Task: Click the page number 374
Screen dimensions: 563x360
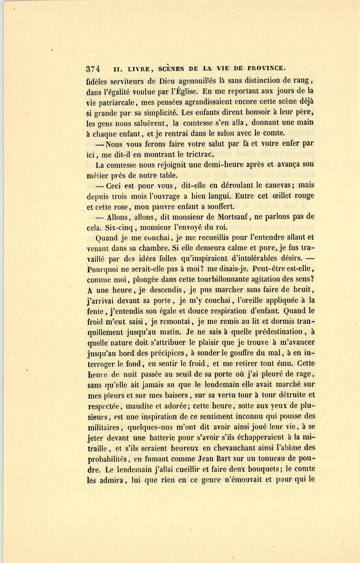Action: tap(95, 68)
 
